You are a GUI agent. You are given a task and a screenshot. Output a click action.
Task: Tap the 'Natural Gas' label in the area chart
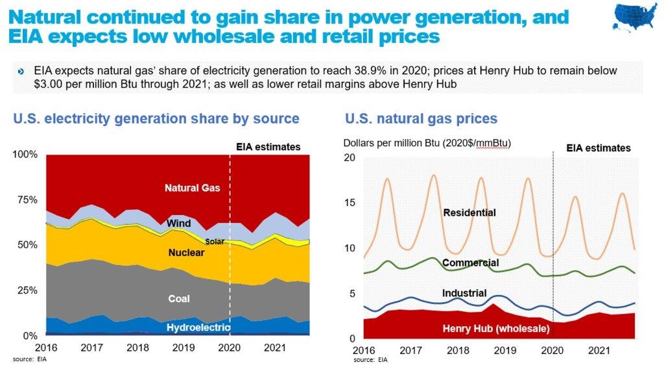[x=192, y=188]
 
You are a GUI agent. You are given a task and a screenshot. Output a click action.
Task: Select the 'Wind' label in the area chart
[x=178, y=224]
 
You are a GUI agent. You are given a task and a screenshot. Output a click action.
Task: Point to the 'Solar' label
[x=215, y=241]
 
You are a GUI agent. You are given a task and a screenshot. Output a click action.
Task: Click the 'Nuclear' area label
[x=186, y=252]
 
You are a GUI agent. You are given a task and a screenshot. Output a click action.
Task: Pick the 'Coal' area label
[x=179, y=299]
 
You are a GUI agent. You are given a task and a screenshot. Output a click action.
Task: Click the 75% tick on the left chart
[x=28, y=200]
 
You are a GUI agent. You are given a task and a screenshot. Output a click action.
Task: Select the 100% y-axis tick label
[x=26, y=155]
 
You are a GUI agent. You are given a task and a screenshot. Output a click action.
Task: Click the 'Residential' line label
[x=469, y=212]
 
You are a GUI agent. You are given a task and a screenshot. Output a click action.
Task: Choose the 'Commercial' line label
[x=470, y=263]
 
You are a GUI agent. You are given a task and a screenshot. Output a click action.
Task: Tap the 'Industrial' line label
[x=464, y=294]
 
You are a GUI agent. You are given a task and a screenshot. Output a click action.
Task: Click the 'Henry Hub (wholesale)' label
[x=496, y=329]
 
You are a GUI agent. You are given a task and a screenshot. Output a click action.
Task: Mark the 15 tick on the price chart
[x=350, y=203]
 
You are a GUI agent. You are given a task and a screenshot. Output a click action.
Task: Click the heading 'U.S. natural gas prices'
[x=421, y=118]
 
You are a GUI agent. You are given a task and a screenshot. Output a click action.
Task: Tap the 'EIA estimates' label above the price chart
[x=598, y=148]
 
